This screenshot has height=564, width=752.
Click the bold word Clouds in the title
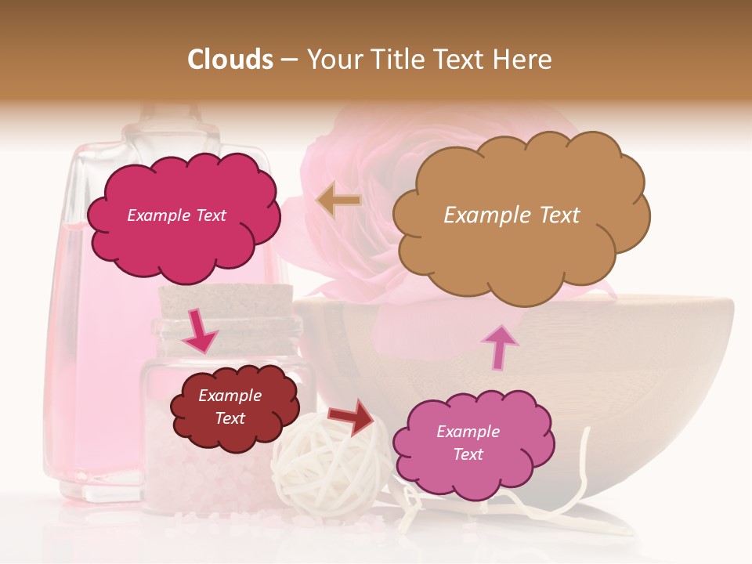click(x=230, y=60)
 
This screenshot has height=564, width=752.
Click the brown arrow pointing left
click(x=339, y=201)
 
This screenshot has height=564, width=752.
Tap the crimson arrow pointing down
click(x=201, y=331)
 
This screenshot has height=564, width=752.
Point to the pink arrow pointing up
click(x=499, y=348)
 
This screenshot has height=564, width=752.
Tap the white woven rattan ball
click(x=329, y=470)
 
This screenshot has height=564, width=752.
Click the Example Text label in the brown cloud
click(x=512, y=215)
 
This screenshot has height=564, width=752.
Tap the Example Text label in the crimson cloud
click(x=176, y=215)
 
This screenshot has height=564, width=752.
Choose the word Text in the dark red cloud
click(x=230, y=418)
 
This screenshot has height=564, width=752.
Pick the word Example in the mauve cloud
click(x=468, y=432)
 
